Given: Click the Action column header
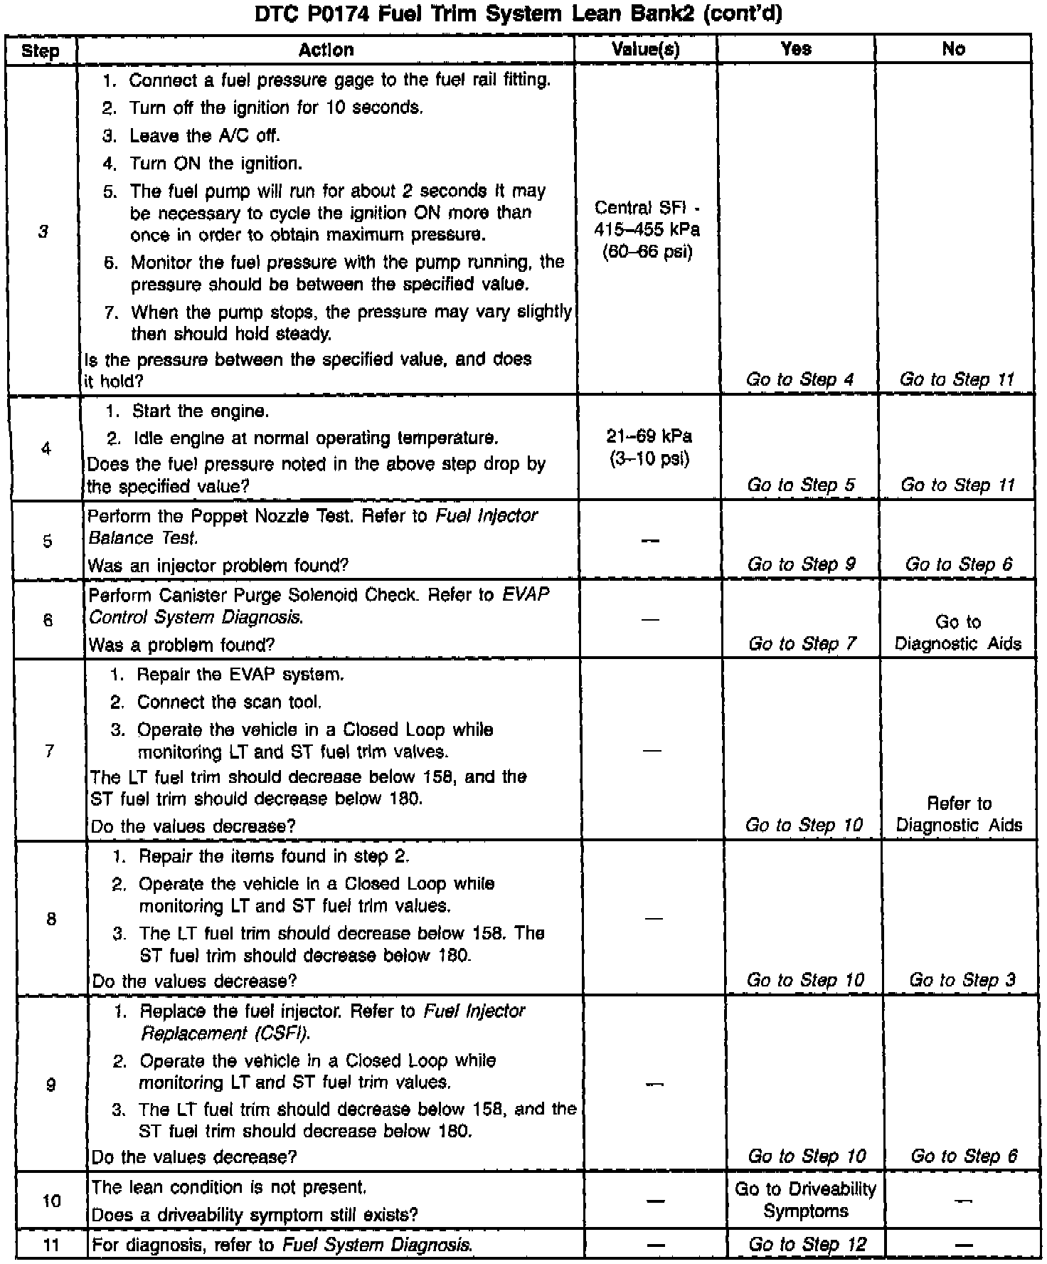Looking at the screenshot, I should pyautogui.click(x=326, y=50).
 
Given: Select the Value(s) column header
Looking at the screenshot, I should pyautogui.click(x=646, y=49).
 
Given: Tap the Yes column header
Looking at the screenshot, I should pyautogui.click(x=795, y=49).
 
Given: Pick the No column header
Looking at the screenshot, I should pyautogui.click(x=953, y=49).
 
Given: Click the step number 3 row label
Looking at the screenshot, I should pyautogui.click(x=43, y=232).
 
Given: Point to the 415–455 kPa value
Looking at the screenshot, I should pyautogui.click(x=647, y=230).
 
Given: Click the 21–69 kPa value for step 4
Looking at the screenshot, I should pyautogui.click(x=649, y=436).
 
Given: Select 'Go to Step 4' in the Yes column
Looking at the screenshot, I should pyautogui.click(x=799, y=380).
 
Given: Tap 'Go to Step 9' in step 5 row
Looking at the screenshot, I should pyautogui.click(x=801, y=564).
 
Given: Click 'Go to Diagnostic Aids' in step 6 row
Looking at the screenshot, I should pyautogui.click(x=957, y=633).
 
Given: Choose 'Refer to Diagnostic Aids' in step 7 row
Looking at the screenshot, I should pyautogui.click(x=958, y=814).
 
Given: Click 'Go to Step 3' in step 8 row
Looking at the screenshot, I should pyautogui.click(x=962, y=980).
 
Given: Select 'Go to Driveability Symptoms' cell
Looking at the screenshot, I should pyautogui.click(x=805, y=1200).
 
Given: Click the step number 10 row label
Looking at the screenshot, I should pyautogui.click(x=51, y=1201).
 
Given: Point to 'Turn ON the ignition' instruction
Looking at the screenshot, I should pyautogui.click(x=215, y=164).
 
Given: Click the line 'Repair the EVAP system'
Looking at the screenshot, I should pyautogui.click(x=240, y=674).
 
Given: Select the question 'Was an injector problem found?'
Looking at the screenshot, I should pyautogui.click(x=218, y=566).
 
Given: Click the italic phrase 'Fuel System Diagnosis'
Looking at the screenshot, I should pyautogui.click(x=377, y=1245).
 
